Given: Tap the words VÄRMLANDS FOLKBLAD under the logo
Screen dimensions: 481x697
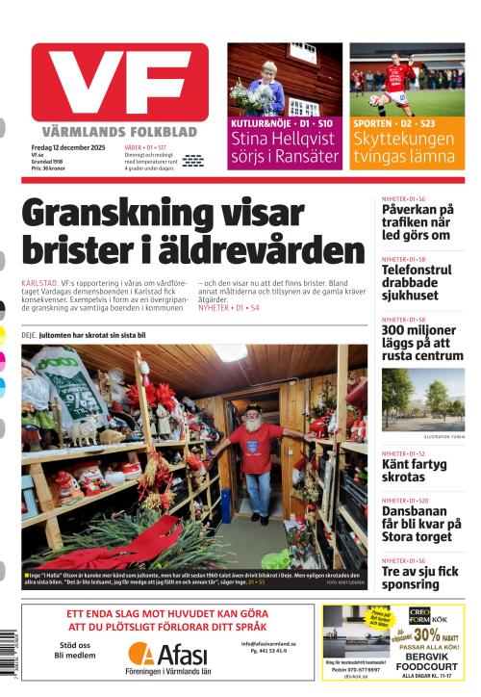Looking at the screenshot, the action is (119, 131).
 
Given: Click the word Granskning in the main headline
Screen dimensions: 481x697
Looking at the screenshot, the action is (139, 213).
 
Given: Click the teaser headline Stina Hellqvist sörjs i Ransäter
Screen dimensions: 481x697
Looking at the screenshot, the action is (284, 147).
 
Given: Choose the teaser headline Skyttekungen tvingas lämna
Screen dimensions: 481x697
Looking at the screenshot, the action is (405, 147).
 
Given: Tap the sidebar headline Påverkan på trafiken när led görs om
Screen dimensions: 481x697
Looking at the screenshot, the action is (418, 221).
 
